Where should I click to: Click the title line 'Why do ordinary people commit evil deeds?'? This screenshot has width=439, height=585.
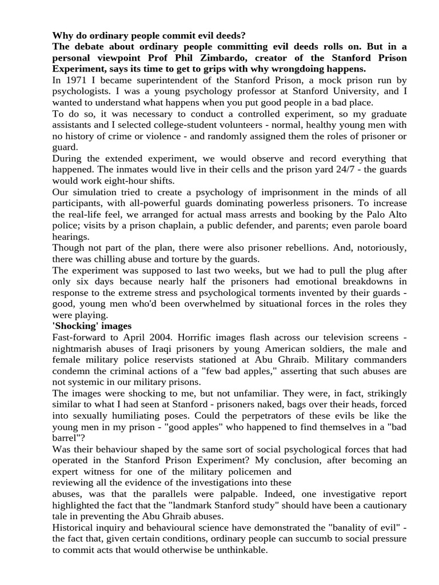pyautogui.click(x=149, y=35)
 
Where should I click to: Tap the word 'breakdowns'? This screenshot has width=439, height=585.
pyautogui.click(x=361, y=281)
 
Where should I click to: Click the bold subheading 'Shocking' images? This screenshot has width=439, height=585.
pyautogui.click(x=92, y=326)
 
